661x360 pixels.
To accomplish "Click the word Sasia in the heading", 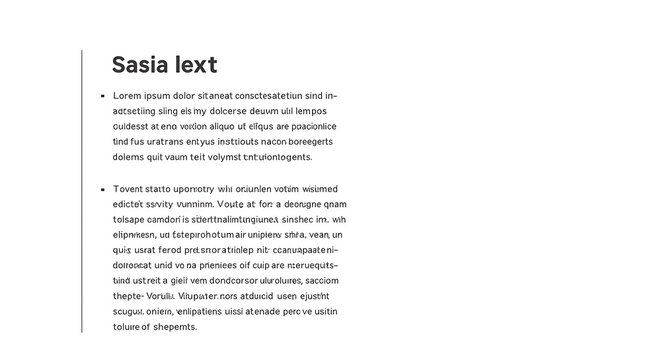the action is [x=139, y=66].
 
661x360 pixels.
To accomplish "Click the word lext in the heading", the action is [x=194, y=66].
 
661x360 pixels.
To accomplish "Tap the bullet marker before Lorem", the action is [x=102, y=96].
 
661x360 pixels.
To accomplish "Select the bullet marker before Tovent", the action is [x=102, y=188].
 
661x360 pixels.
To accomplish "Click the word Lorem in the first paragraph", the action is [x=129, y=96].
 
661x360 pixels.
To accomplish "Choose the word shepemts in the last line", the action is [x=176, y=327].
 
